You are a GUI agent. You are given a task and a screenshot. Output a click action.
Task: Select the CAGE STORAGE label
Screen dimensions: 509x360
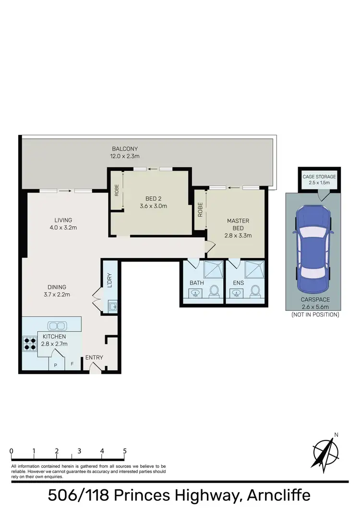point(319,177)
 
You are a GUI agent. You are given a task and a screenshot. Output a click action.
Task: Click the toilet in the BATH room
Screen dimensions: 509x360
point(215,291)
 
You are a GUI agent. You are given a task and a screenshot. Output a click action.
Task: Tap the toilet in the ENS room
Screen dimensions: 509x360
point(256,291)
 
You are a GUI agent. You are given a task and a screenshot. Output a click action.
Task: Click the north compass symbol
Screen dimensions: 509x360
point(326,450)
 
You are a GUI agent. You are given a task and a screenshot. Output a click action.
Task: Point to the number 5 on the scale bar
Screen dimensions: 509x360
point(125,451)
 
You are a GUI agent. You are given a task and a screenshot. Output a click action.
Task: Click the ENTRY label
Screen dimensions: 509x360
point(94,357)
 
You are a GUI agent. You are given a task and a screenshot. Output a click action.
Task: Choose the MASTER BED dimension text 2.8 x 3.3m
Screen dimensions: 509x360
point(239,236)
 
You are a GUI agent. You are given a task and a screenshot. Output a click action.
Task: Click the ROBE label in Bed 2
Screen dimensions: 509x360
point(117,190)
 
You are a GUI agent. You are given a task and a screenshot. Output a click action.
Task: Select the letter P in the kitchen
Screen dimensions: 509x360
point(56,365)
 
